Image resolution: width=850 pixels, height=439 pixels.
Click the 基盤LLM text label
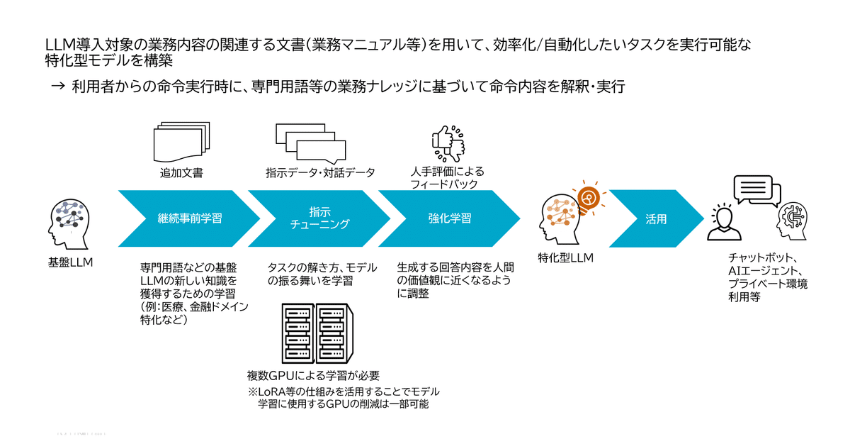(x=71, y=264)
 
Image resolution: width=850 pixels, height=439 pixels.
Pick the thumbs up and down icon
(x=450, y=142)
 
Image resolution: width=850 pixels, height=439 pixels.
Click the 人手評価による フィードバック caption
(x=444, y=178)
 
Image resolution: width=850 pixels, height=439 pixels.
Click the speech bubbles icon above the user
(x=756, y=189)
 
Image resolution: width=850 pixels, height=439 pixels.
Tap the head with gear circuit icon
(x=793, y=223)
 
